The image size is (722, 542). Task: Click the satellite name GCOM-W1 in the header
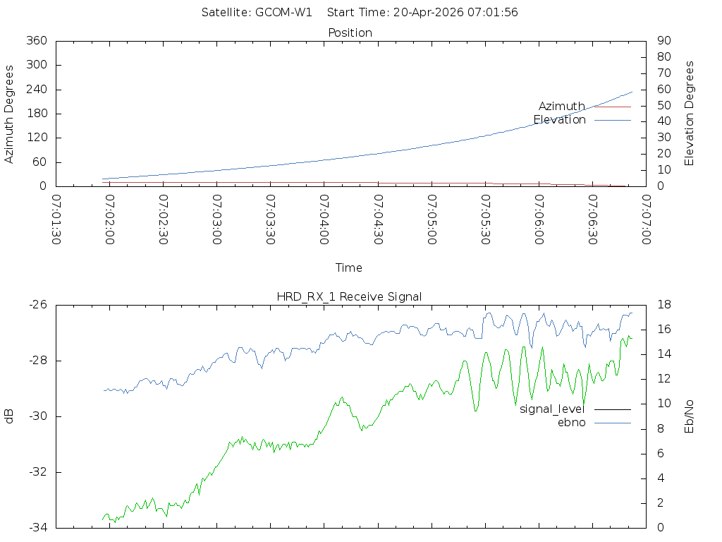tap(283, 12)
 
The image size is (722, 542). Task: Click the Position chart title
tap(350, 32)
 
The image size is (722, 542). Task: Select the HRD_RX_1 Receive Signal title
tap(349, 296)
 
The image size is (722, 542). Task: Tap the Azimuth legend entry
tap(562, 106)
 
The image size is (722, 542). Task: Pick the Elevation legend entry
tap(560, 120)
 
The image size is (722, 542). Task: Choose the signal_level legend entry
tap(552, 409)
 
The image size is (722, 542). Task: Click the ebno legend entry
tap(572, 422)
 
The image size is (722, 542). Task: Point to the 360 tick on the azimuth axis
tap(36, 41)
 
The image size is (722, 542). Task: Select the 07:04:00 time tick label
tap(324, 219)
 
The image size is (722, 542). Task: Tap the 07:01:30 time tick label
tap(56, 219)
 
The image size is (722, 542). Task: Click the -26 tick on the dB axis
tap(37, 305)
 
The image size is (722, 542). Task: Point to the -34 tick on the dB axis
tap(37, 527)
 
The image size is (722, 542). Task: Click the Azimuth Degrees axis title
tap(10, 114)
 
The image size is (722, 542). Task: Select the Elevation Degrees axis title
tap(690, 114)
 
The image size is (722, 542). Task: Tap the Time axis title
tap(349, 267)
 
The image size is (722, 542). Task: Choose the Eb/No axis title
tap(690, 416)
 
